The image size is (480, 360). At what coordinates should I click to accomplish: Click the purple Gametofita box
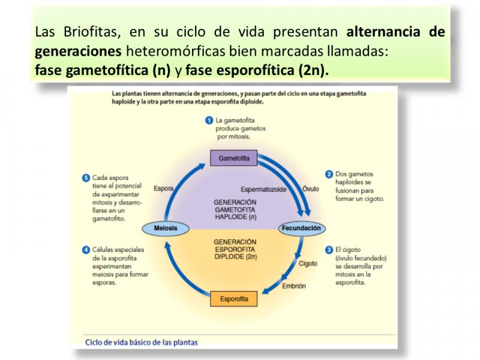pos(233,158)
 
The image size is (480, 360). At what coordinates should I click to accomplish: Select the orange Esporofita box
pos(233,299)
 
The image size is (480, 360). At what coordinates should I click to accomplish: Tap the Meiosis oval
pos(166,228)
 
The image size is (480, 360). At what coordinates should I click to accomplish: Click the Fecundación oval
pos(302,228)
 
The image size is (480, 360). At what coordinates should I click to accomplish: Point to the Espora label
pos(163,188)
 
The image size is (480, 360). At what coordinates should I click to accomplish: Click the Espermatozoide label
pos(263,190)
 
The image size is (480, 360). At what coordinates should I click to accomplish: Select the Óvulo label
pos(311,189)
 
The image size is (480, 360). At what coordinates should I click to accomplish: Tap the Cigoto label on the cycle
pos(308,263)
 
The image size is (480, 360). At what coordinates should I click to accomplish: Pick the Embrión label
pos(294,286)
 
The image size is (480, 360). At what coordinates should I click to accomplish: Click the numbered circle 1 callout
pos(209,121)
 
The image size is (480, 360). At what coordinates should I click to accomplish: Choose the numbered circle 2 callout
pos(329,174)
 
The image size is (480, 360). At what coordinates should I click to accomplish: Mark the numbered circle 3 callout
pos(329,250)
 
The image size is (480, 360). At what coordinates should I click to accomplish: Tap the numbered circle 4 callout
pos(86,250)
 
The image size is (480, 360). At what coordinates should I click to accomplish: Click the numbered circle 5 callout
pos(86,178)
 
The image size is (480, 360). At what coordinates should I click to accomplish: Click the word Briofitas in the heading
pos(92,32)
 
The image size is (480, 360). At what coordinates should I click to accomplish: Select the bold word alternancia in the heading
pos(383,32)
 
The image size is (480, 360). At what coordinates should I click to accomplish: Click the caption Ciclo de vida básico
pos(142,342)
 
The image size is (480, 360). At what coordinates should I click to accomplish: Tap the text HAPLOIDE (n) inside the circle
pos(235,217)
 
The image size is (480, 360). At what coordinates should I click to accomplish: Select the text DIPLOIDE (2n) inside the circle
pos(235,257)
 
